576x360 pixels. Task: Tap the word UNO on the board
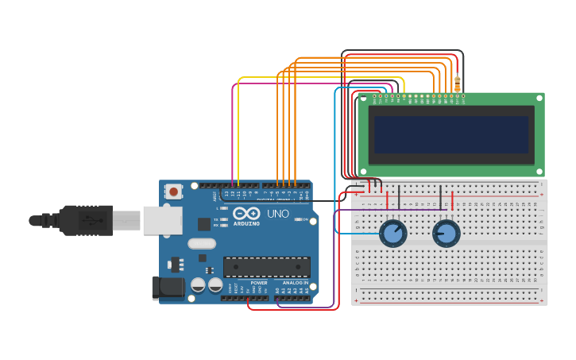(277, 214)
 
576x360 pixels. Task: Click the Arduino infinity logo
(246, 213)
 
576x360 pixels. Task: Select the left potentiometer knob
(393, 234)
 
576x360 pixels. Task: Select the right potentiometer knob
(446, 234)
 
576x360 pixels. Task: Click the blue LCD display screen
(451, 135)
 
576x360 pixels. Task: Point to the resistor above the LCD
(457, 84)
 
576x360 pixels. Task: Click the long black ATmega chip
(266, 267)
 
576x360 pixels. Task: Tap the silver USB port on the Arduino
(162, 220)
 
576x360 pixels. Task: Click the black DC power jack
(168, 288)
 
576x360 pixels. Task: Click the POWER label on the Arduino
(259, 283)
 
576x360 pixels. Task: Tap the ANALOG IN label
(292, 283)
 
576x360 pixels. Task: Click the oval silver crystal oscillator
(202, 244)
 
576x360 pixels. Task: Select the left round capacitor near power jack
(197, 285)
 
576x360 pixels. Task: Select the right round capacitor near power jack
(215, 285)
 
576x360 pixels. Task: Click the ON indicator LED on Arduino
(297, 219)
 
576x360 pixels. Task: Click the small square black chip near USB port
(204, 224)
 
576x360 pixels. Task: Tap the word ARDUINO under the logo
(246, 223)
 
